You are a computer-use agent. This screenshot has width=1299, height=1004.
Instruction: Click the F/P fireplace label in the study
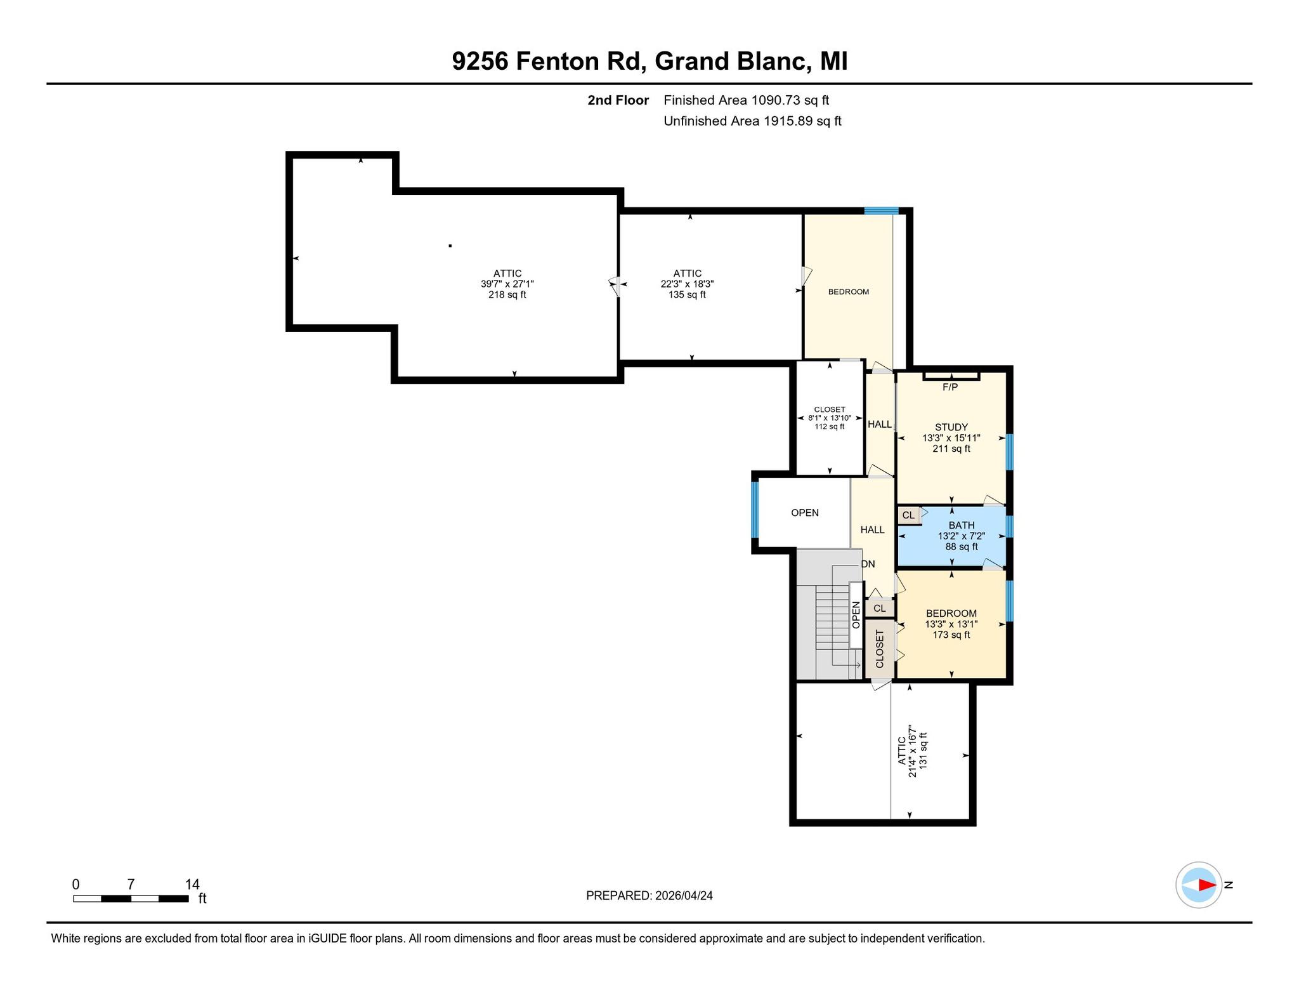[950, 387]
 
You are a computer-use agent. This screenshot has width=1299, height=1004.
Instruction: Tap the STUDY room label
[951, 427]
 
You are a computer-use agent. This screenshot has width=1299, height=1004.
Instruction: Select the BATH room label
[962, 525]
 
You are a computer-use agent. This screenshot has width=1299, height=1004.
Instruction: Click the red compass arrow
[1207, 885]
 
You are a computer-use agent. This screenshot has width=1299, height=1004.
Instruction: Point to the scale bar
[131, 898]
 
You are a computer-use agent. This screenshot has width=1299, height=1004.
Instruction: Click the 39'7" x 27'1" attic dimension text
[507, 284]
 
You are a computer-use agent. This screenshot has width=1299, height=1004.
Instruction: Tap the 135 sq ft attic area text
[688, 295]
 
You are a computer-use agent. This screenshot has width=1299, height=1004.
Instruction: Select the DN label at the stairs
[868, 564]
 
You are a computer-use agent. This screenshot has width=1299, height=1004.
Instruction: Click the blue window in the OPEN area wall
[755, 510]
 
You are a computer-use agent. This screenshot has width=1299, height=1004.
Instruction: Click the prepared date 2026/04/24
[684, 895]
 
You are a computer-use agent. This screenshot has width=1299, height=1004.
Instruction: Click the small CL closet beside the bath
[908, 515]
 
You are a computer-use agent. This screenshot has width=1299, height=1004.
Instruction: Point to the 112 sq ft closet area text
[830, 427]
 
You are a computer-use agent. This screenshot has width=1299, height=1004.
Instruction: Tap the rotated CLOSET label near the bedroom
[879, 649]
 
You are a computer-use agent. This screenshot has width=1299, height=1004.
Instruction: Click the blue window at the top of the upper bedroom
[882, 211]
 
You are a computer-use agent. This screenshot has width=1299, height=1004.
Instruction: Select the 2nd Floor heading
[618, 100]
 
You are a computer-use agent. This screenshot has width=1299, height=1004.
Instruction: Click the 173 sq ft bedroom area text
[951, 635]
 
